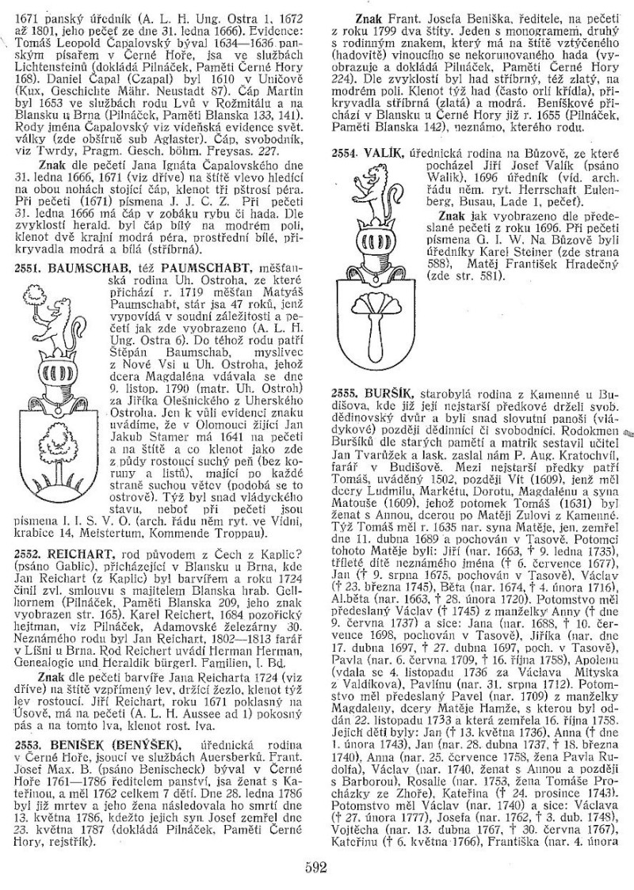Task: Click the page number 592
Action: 315,865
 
